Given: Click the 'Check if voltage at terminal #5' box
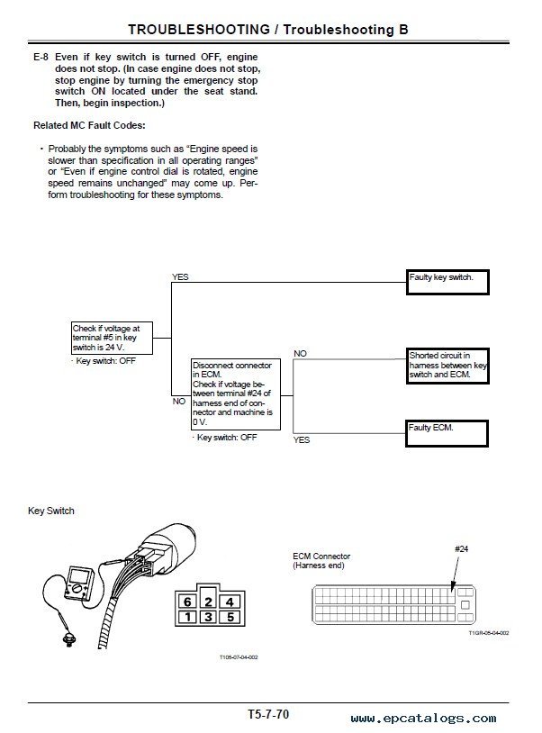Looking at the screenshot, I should [112, 338].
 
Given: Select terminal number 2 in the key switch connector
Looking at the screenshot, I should [208, 602].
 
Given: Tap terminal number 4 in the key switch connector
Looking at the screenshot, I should [230, 602].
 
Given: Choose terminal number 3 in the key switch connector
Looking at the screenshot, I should [208, 618].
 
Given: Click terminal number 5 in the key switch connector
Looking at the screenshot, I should [230, 618].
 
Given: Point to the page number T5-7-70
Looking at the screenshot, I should [268, 713].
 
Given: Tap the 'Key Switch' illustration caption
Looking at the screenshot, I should [51, 511].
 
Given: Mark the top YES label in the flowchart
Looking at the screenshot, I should [180, 277].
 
